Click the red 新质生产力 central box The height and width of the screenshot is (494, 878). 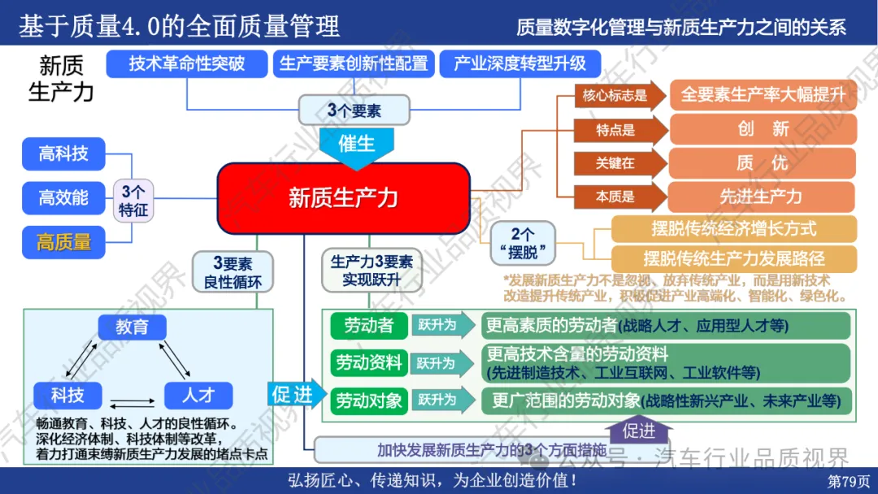tap(343, 197)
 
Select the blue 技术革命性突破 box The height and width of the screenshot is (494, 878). tap(187, 63)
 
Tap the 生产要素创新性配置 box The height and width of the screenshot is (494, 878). tap(353, 63)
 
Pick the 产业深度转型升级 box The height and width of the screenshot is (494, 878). tap(520, 63)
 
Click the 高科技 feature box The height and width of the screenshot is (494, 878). tap(64, 152)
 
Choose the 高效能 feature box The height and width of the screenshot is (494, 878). tap(64, 197)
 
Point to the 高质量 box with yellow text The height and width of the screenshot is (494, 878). tap(64, 241)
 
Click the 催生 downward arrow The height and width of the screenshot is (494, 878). tap(356, 146)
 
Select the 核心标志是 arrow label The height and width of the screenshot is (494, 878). tap(615, 95)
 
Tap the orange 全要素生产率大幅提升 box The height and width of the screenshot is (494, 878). tap(762, 95)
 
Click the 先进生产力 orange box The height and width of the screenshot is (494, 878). tap(762, 197)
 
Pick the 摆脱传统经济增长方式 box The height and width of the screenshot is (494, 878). tap(734, 228)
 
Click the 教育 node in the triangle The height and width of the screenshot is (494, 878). tap(132, 327)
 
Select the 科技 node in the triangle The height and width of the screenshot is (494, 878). tap(67, 395)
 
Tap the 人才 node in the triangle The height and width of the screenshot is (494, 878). tap(198, 395)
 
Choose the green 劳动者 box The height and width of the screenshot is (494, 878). tap(368, 326)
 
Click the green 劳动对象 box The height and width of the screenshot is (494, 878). tap(368, 400)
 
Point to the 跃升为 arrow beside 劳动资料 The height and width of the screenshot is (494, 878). tap(441, 363)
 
